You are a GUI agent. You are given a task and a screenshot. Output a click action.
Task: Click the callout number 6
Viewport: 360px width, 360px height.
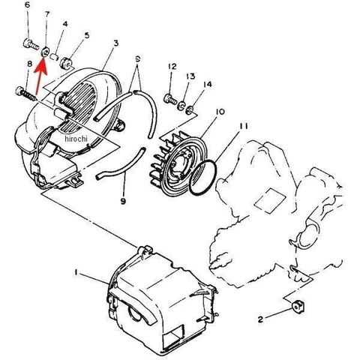(28, 5)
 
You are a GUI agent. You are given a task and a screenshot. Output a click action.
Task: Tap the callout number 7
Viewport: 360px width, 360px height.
(46, 14)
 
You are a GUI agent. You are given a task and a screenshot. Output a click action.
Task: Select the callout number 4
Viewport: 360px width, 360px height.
(65, 24)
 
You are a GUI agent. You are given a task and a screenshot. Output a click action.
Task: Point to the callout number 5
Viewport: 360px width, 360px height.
(86, 35)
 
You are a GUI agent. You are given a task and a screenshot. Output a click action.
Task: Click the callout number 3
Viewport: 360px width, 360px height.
(115, 43)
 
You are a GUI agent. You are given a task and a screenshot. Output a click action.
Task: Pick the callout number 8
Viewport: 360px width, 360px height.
(30, 64)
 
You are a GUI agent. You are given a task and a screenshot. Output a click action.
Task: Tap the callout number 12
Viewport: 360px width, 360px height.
(172, 67)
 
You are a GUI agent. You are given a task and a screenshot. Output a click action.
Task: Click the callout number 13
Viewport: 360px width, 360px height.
(190, 76)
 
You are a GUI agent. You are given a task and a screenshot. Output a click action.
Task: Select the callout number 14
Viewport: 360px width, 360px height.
(208, 85)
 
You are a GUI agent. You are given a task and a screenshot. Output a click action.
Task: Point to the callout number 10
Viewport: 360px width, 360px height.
(220, 112)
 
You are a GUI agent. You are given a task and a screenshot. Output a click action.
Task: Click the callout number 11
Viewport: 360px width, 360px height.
(244, 126)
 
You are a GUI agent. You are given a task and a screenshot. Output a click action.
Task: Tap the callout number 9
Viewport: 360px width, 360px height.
(123, 201)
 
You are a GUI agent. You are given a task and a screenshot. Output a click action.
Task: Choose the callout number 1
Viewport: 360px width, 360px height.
(76, 272)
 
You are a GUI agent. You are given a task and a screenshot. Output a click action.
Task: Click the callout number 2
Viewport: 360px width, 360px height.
(260, 319)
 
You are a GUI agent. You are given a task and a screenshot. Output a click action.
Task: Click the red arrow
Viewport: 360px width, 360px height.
(40, 76)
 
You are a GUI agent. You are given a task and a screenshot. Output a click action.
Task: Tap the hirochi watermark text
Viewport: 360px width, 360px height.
(76, 139)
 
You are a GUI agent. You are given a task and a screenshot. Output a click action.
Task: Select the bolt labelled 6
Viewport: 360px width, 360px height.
(31, 44)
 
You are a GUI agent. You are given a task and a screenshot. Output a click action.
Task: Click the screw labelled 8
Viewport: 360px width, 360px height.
(25, 94)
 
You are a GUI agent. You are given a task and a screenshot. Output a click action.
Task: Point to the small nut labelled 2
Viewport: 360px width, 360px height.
(298, 306)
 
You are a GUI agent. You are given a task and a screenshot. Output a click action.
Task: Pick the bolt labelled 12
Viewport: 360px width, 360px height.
(170, 99)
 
